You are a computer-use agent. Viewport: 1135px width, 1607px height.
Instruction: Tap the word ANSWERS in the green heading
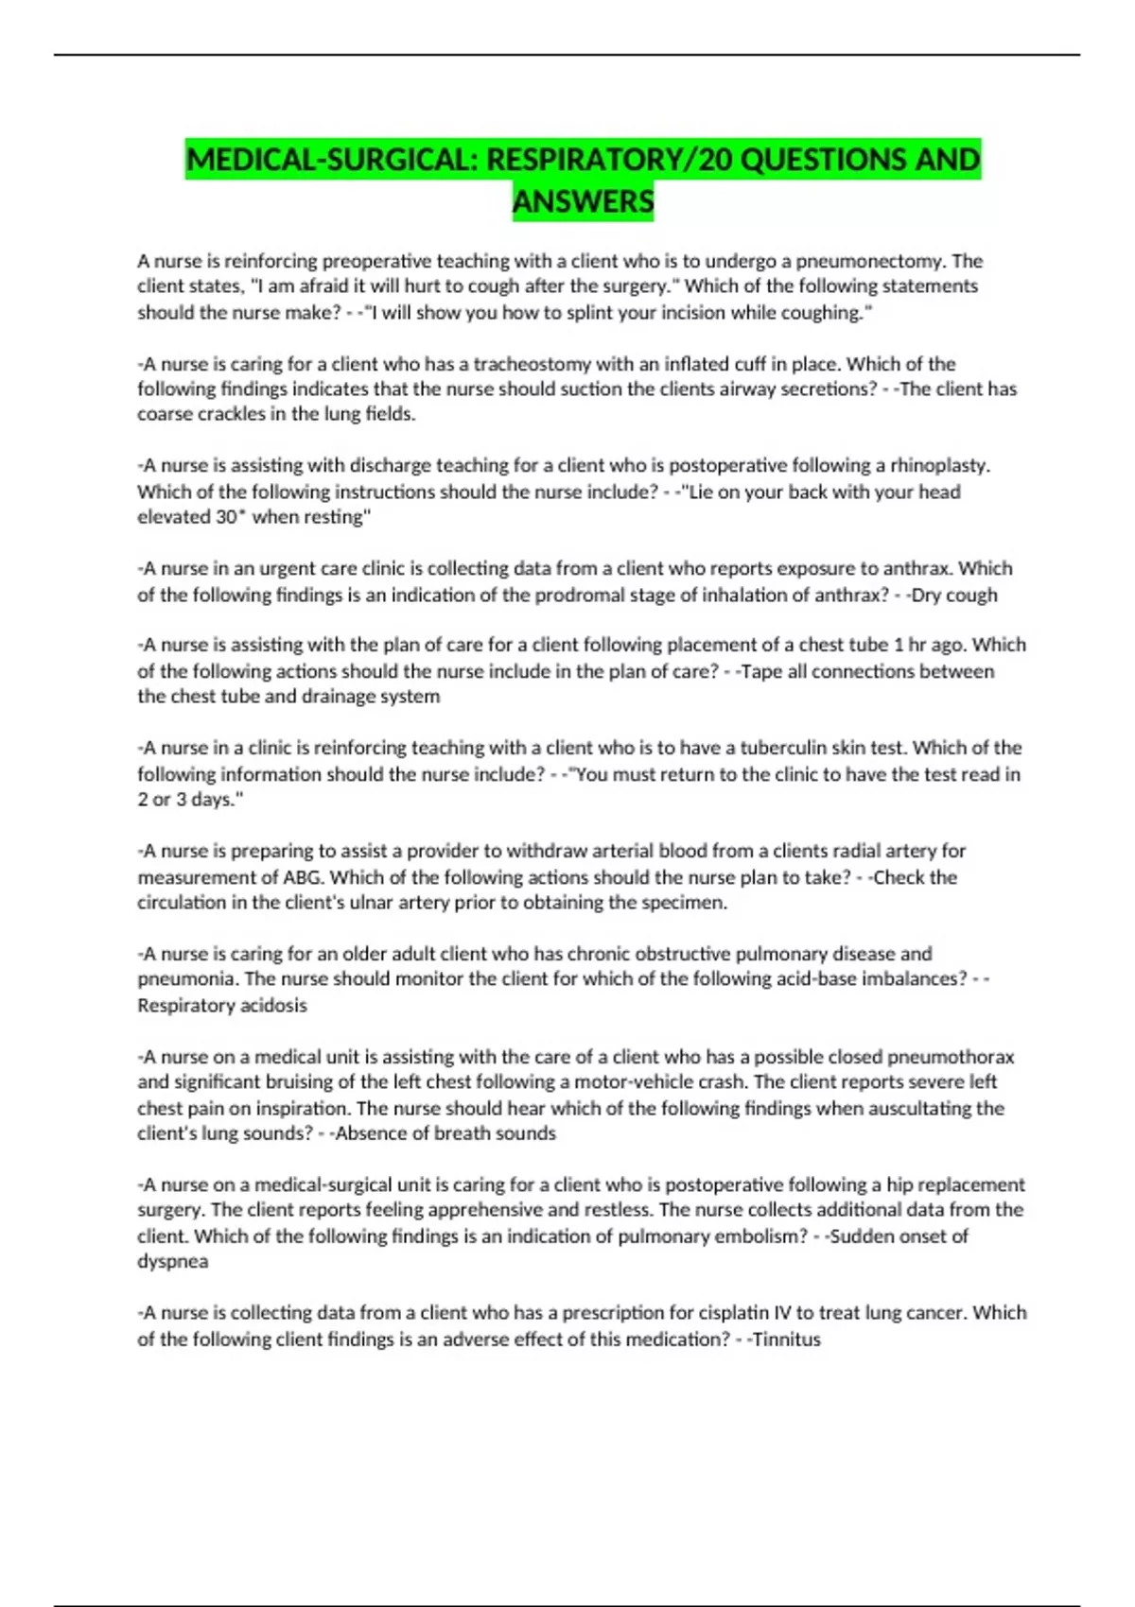583,201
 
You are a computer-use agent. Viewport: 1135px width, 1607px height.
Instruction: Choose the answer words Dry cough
953,595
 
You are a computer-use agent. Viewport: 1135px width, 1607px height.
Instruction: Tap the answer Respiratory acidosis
222,1005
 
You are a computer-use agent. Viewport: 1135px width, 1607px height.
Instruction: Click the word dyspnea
172,1261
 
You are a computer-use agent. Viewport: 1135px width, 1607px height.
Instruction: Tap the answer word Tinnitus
786,1339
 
